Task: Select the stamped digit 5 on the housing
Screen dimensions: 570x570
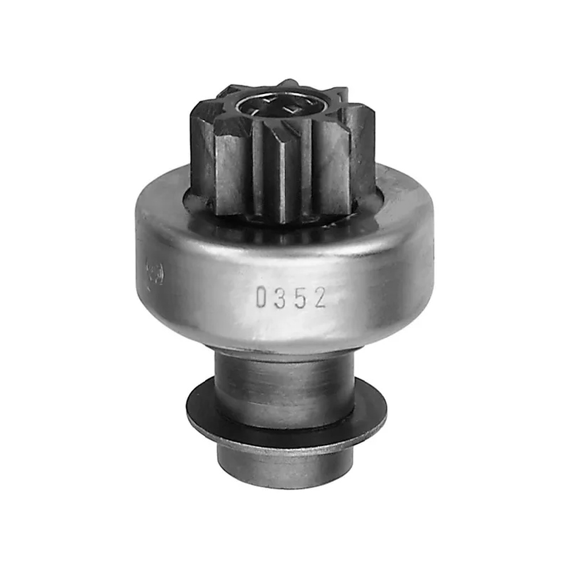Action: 300,298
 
